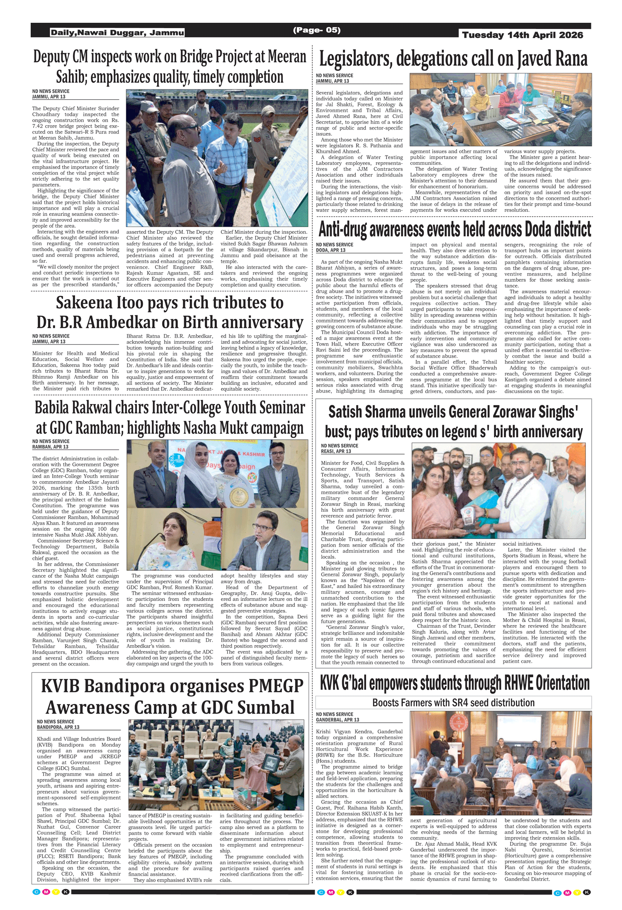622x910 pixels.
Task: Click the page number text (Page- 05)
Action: (x=317, y=30)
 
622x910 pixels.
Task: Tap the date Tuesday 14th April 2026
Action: (x=522, y=35)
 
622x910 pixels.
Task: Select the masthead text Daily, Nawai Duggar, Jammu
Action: (x=117, y=33)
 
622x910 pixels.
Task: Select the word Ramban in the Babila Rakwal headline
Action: (x=97, y=428)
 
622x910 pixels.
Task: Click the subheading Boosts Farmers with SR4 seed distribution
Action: (x=453, y=702)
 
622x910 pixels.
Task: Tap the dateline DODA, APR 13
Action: (x=330, y=250)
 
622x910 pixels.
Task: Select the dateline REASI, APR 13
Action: (x=336, y=451)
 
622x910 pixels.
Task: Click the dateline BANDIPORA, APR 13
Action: (x=58, y=727)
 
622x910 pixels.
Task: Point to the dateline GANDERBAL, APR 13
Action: (x=338, y=720)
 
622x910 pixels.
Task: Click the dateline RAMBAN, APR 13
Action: (x=50, y=447)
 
